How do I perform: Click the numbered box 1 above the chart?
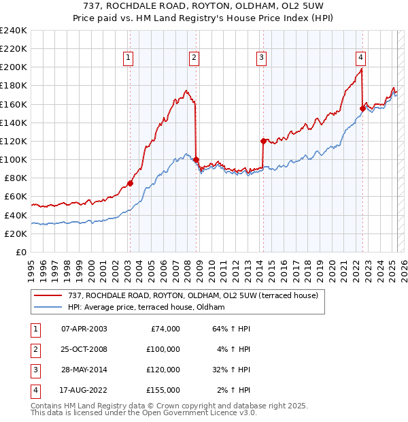point(129,59)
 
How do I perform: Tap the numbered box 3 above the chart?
point(261,59)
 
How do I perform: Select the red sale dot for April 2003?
point(130,183)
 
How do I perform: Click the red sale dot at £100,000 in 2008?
point(197,159)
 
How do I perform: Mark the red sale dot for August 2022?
point(362,108)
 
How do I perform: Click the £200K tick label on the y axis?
point(13,67)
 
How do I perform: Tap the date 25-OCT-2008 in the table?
point(84,349)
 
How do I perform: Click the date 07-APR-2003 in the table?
point(84,329)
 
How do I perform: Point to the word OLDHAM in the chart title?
point(243,6)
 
